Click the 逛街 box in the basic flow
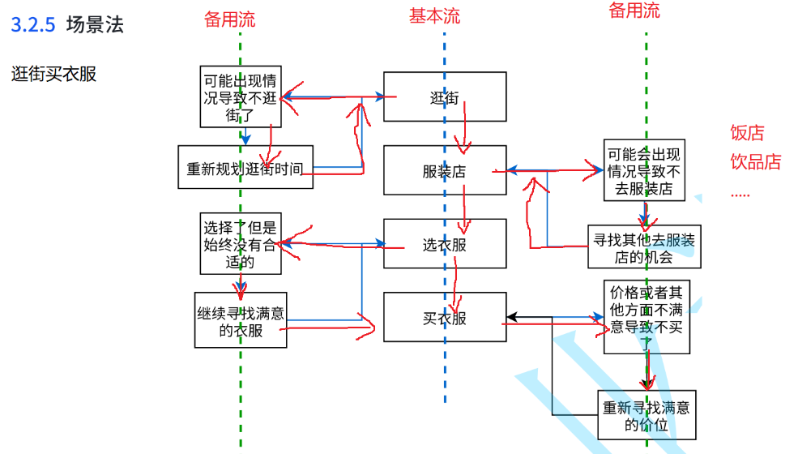[x=445, y=96]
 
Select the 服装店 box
[x=445, y=170]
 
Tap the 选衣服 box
[x=445, y=243]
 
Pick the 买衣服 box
[x=445, y=317]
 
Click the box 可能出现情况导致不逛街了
[x=241, y=96]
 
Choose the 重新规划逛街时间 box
[x=245, y=167]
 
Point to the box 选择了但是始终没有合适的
[x=241, y=243]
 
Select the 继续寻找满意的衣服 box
[x=241, y=320]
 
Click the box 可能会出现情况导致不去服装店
[x=644, y=170]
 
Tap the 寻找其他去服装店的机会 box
[x=644, y=246]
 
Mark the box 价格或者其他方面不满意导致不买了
[x=647, y=317]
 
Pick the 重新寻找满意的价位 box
[x=647, y=415]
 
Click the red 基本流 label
[x=434, y=15]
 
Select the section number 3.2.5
[x=33, y=24]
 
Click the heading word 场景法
[x=95, y=24]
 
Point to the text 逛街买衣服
[x=54, y=74]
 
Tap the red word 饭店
[x=748, y=132]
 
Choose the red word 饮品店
[x=756, y=161]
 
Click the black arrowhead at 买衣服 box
[x=512, y=317]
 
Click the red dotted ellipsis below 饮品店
[x=740, y=195]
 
